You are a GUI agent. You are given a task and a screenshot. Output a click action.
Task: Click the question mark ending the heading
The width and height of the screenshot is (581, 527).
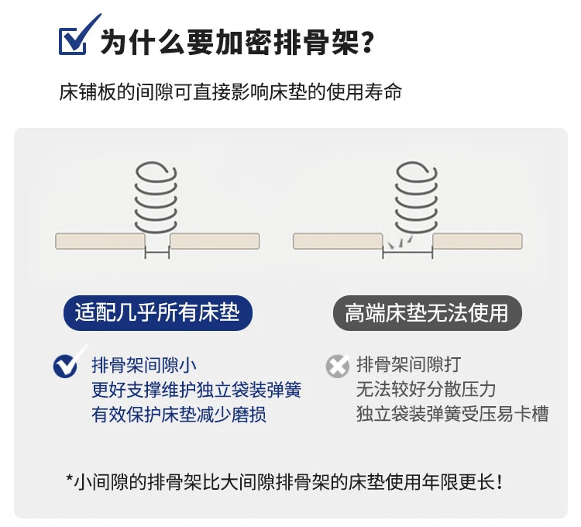(x=367, y=42)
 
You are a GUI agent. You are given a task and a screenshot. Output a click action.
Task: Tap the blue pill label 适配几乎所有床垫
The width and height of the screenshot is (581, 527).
(x=158, y=313)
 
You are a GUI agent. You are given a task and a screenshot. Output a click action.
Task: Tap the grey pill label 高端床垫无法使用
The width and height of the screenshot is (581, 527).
(x=427, y=313)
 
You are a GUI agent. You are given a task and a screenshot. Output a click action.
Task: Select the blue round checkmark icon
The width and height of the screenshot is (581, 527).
(x=67, y=365)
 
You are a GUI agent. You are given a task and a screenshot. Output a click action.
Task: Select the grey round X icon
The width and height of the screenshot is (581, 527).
(x=338, y=366)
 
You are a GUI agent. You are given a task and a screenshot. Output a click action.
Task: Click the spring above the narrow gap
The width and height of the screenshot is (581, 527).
(x=156, y=197)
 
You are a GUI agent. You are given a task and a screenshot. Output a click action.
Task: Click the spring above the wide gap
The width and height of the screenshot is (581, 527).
(x=417, y=197)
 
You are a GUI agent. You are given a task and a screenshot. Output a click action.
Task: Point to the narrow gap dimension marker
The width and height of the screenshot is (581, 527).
(x=156, y=253)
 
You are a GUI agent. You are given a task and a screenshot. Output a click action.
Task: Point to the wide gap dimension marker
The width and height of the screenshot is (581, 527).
(x=407, y=253)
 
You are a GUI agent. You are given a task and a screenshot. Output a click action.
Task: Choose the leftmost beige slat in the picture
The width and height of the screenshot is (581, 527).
(x=100, y=241)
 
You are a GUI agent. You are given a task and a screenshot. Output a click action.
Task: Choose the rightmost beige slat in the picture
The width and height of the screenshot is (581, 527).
(x=478, y=241)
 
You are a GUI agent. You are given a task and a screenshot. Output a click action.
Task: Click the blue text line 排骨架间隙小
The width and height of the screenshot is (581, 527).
(x=144, y=366)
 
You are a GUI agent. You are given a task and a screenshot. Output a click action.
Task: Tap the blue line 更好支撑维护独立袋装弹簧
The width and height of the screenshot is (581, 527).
(x=197, y=390)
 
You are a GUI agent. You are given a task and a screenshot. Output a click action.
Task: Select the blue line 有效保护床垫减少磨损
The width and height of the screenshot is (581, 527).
(x=179, y=415)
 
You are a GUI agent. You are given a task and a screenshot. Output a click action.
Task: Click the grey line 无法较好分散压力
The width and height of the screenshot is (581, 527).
(x=426, y=390)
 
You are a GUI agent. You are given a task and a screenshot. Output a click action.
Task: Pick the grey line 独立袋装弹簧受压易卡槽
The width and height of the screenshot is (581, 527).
(x=452, y=414)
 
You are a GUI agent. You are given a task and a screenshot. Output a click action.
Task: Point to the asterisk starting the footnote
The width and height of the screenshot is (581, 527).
(x=69, y=477)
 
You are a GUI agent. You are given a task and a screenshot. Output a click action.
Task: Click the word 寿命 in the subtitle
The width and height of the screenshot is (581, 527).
(x=383, y=92)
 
